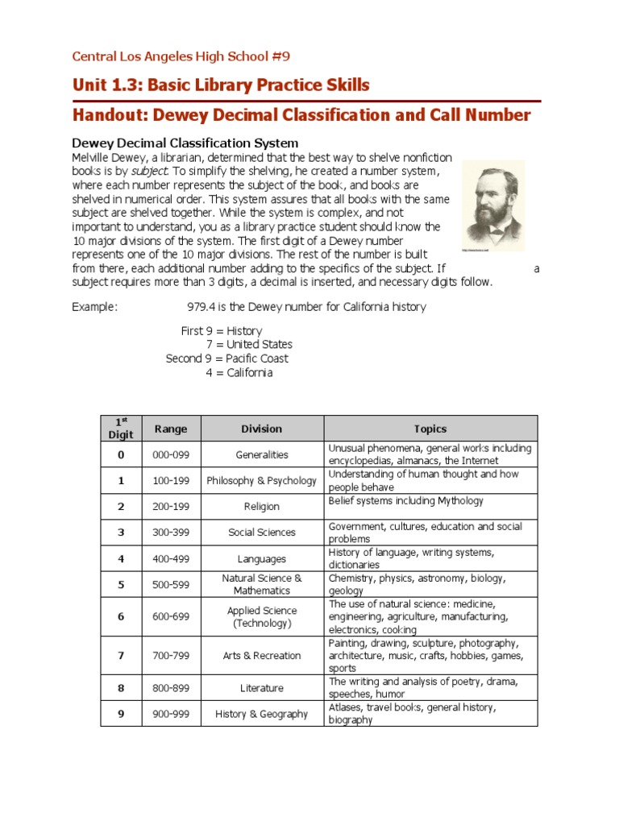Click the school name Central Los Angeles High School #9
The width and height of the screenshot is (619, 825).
coord(181,56)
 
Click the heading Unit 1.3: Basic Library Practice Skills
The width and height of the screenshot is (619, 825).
coord(221,85)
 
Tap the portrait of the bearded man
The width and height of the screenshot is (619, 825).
coord(493,207)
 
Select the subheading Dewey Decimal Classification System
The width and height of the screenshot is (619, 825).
coord(185,143)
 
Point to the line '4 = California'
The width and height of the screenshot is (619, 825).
coord(239,373)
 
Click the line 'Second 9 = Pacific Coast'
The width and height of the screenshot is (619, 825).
coord(226,359)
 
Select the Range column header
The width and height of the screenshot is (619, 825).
coord(170,429)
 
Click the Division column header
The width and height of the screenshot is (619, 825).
coord(262,429)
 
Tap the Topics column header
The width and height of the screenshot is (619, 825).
coord(430,429)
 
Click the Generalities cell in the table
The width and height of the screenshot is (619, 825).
coord(262,454)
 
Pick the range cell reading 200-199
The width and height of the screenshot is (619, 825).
coord(170,507)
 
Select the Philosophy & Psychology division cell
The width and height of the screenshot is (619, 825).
coord(262,481)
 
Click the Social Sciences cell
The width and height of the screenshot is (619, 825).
coord(262,533)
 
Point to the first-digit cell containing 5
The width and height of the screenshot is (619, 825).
coord(121,585)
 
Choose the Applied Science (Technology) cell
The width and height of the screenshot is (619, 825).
coord(262,617)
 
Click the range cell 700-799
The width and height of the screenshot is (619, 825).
coord(170,656)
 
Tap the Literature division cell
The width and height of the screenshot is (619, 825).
coord(262,688)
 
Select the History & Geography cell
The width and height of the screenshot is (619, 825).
coord(262,714)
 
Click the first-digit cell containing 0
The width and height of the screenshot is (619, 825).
coord(121,454)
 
